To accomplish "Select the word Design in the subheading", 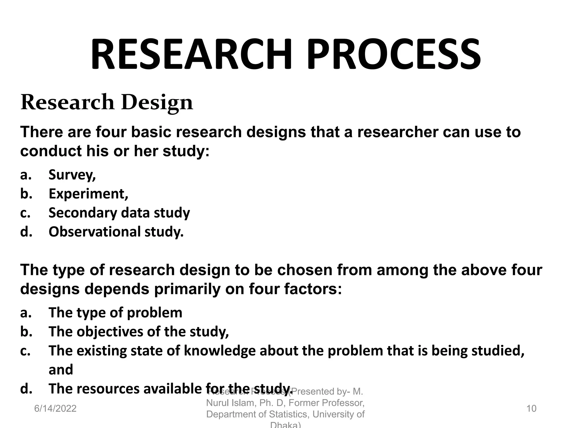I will (157, 103).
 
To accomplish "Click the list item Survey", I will (72, 175).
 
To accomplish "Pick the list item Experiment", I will (88, 194).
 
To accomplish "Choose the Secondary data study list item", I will (119, 213).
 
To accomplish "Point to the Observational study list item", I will (116, 232).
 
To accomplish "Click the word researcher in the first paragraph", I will (398, 132).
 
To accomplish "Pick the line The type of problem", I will (115, 313).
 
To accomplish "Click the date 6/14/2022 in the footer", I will (55, 408).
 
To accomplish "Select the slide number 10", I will (531, 408).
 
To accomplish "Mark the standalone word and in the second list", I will (61, 369).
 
